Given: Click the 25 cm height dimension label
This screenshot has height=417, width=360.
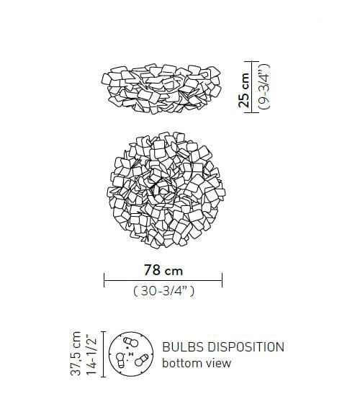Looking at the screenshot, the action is click(x=244, y=90).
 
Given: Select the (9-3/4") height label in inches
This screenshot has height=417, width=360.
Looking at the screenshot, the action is click(x=264, y=86).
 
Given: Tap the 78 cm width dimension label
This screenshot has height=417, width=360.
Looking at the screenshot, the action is click(x=163, y=270).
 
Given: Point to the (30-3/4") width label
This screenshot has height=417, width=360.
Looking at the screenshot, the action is click(x=163, y=291).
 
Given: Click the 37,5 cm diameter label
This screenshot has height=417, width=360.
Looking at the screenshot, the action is click(x=76, y=354).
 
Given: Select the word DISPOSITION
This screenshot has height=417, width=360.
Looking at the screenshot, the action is click(x=246, y=347).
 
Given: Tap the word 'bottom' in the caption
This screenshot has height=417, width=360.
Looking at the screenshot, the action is click(x=183, y=363).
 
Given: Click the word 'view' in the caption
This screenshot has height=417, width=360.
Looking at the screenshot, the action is click(x=219, y=364).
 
